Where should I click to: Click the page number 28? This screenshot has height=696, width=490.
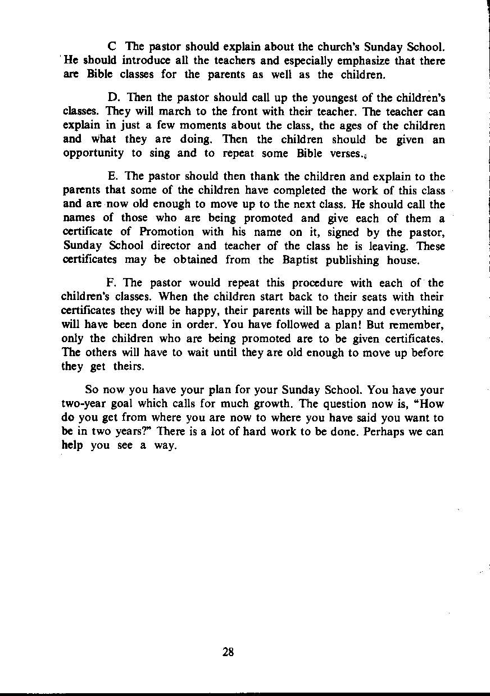coord(228,652)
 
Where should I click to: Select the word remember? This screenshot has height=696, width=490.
coord(416,325)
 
